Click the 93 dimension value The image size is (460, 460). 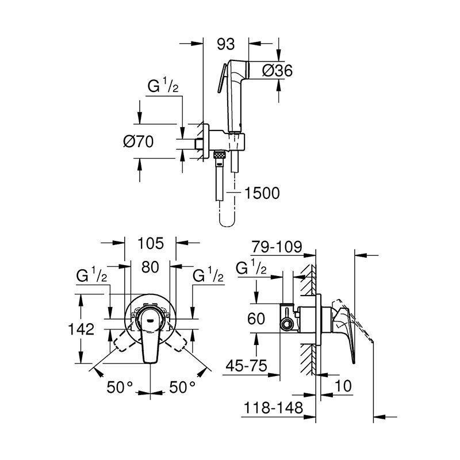click(226, 43)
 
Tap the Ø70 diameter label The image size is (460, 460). click(139, 141)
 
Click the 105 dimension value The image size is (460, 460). click(151, 243)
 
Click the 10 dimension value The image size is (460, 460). click(343, 386)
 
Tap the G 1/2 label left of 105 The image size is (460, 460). click(91, 275)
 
